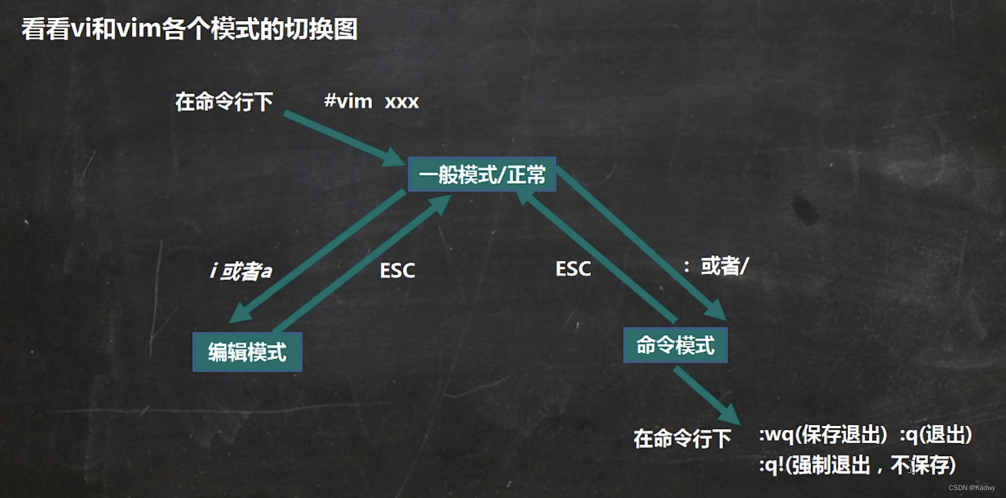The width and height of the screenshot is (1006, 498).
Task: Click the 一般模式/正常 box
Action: (482, 175)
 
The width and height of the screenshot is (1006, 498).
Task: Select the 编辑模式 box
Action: (247, 352)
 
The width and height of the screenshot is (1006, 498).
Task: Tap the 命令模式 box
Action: (675, 345)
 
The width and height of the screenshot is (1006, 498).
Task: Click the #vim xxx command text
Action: (371, 102)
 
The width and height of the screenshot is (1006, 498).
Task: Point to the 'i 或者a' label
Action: (241, 271)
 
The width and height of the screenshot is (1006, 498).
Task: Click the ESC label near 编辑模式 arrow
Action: (398, 270)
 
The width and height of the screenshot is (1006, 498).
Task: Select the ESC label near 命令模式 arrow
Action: (573, 268)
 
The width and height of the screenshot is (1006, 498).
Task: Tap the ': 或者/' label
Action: (715, 266)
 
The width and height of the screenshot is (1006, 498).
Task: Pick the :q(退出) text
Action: (936, 435)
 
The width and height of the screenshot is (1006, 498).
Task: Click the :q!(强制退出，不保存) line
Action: (857, 465)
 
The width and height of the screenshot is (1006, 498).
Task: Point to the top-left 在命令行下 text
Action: (224, 102)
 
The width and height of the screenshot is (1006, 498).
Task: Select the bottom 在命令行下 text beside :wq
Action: (682, 438)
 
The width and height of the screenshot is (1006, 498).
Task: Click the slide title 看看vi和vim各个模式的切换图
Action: (190, 30)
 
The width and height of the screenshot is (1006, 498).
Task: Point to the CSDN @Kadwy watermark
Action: (972, 488)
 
